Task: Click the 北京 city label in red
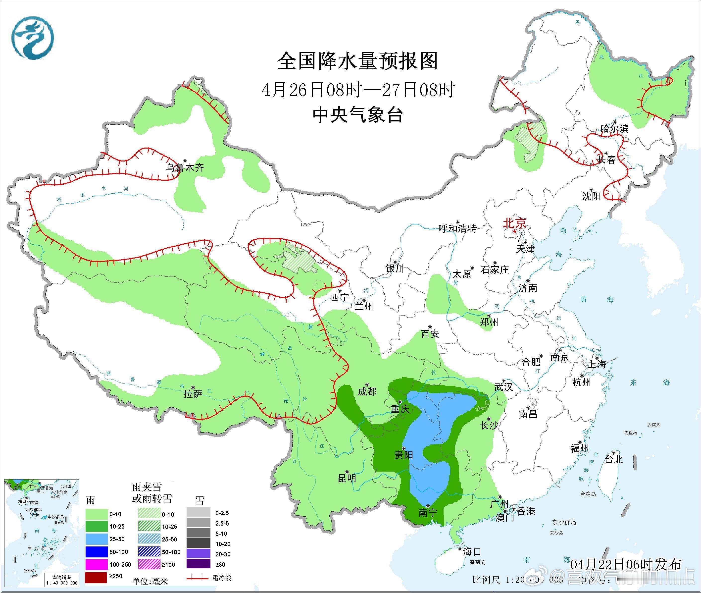514,223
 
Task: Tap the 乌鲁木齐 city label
185,168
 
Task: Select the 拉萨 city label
193,394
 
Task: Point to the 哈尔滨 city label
614,128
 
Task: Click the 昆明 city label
347,478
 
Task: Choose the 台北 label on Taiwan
614,459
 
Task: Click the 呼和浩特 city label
457,229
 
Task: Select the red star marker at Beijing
514,232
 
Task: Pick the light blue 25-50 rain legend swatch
96,539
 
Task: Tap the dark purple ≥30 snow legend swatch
198,564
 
